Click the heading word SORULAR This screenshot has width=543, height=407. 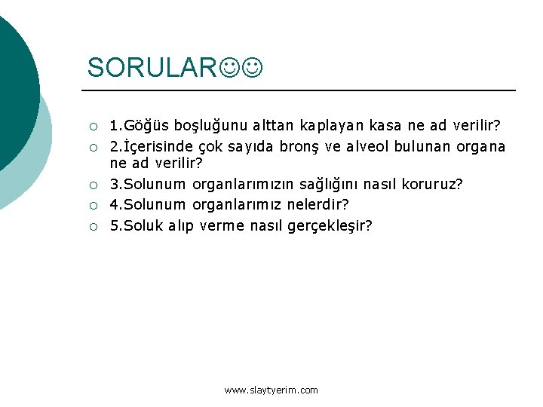[x=152, y=67]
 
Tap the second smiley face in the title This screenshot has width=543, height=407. [x=253, y=68]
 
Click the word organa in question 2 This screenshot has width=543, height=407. [x=479, y=145]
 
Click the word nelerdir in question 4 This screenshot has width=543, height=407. [x=318, y=204]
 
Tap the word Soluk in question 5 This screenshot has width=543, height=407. [x=144, y=225]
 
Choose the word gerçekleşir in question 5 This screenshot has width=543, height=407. [x=330, y=225]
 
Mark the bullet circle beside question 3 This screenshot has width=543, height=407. [x=93, y=185]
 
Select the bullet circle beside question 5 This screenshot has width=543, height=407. [x=93, y=225]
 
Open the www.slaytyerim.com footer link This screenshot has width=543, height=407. [x=271, y=390]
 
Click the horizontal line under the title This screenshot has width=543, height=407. [x=302, y=90]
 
